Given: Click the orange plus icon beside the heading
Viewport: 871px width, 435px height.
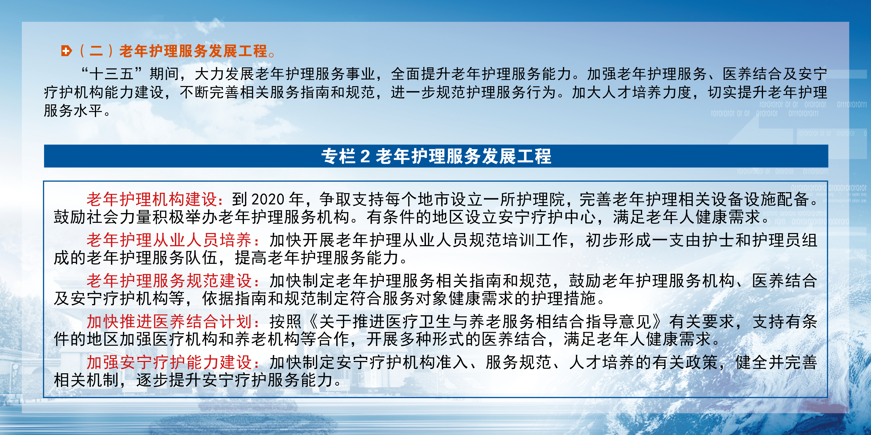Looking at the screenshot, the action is click(x=67, y=51).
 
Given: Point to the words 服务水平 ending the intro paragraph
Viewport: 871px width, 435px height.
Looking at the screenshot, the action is click(x=73, y=110).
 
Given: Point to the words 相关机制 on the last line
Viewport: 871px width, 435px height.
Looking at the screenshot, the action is click(x=86, y=380).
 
